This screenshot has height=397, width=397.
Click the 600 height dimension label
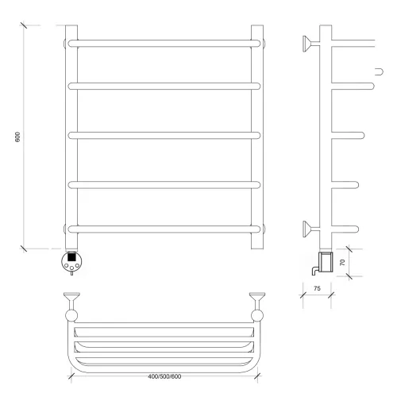17,137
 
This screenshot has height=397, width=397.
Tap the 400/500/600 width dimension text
164,376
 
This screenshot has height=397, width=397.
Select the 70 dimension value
342,263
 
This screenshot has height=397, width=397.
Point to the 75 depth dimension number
317,288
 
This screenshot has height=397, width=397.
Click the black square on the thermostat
71,257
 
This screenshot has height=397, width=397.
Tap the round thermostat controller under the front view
71,262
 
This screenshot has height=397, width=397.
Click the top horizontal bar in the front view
164,44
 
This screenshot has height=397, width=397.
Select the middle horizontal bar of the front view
164,135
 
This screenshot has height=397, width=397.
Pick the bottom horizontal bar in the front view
164,229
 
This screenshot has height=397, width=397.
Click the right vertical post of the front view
257,137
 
